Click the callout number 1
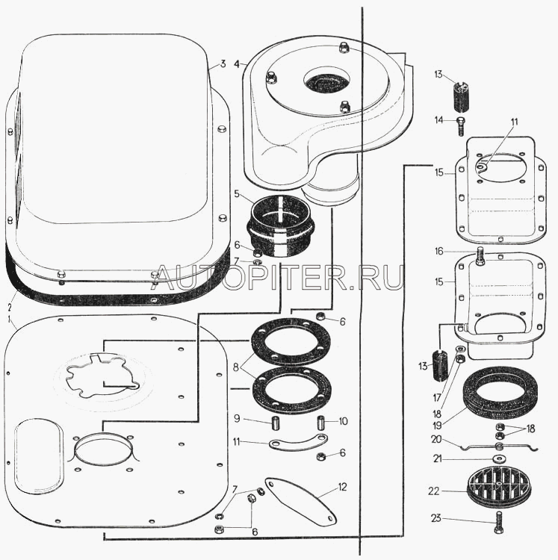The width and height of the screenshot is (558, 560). point(9,319)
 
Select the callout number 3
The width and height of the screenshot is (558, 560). point(222,63)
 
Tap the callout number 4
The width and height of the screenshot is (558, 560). point(236,63)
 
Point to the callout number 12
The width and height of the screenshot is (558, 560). point(343,487)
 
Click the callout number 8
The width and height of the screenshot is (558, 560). point(237,367)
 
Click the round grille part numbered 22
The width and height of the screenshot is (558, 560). point(497,488)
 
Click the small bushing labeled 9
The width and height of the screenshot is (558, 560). point(274,423)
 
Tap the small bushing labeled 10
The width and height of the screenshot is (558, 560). point(322,422)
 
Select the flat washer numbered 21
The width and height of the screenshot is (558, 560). point(498,458)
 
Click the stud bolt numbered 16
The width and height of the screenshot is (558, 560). point(480,258)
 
